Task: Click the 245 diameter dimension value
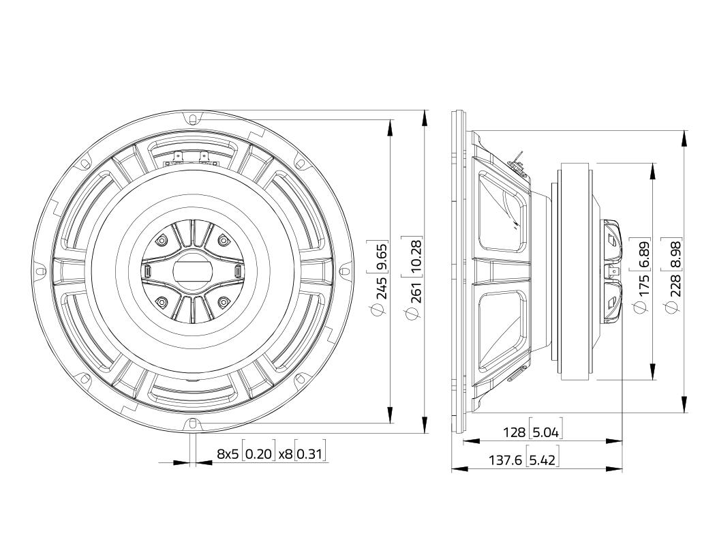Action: [382, 287]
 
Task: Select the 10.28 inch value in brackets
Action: [416, 256]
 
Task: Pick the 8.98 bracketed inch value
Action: [675, 256]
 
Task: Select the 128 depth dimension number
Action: [514, 432]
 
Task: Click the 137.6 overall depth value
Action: [506, 460]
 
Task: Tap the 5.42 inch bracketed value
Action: [543, 460]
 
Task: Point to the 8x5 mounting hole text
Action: [228, 454]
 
